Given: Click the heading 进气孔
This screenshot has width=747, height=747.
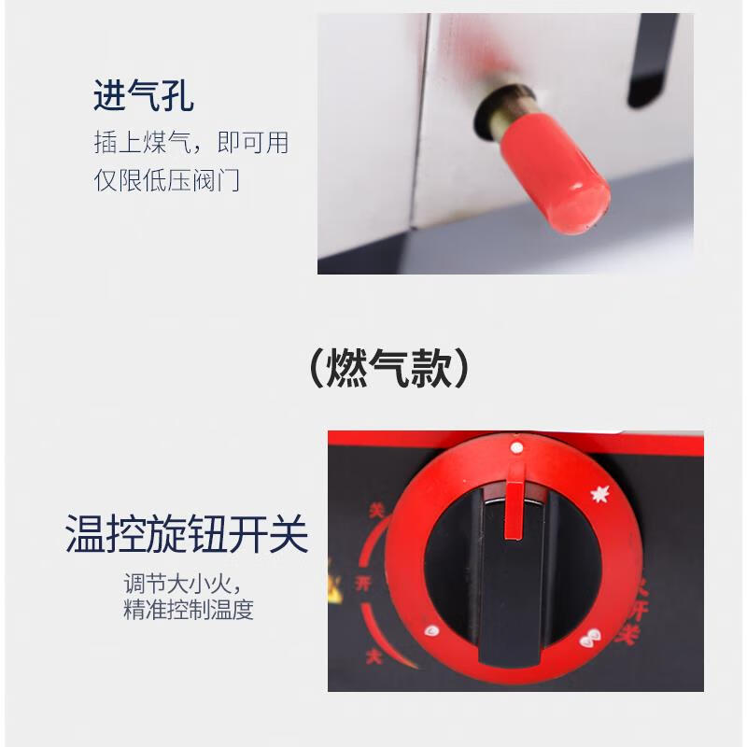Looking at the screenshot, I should click(x=144, y=96).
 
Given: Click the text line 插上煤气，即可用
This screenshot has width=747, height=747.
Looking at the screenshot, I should click(x=191, y=143).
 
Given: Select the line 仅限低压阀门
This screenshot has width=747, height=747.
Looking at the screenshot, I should click(x=167, y=179).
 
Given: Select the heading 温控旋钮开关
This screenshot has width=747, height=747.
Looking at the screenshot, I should click(x=187, y=535).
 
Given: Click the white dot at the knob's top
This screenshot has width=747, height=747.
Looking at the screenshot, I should click(x=515, y=449).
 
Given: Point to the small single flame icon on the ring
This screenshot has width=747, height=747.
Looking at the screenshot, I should click(x=432, y=632).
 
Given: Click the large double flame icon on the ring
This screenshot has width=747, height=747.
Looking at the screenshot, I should click(x=588, y=641).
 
